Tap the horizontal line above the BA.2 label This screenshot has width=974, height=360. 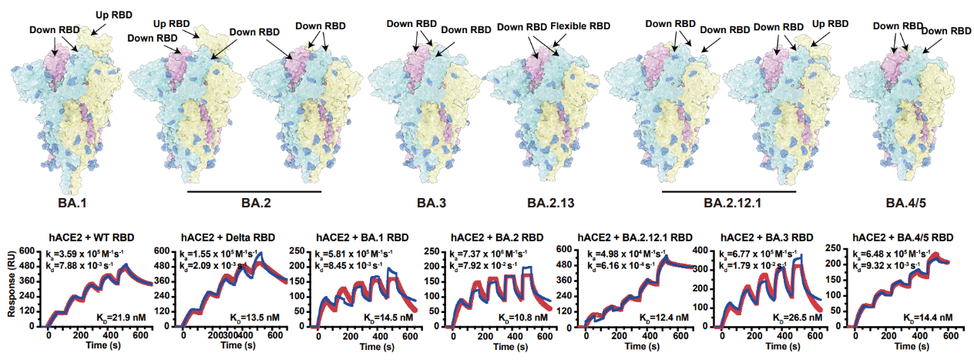[254, 192]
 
